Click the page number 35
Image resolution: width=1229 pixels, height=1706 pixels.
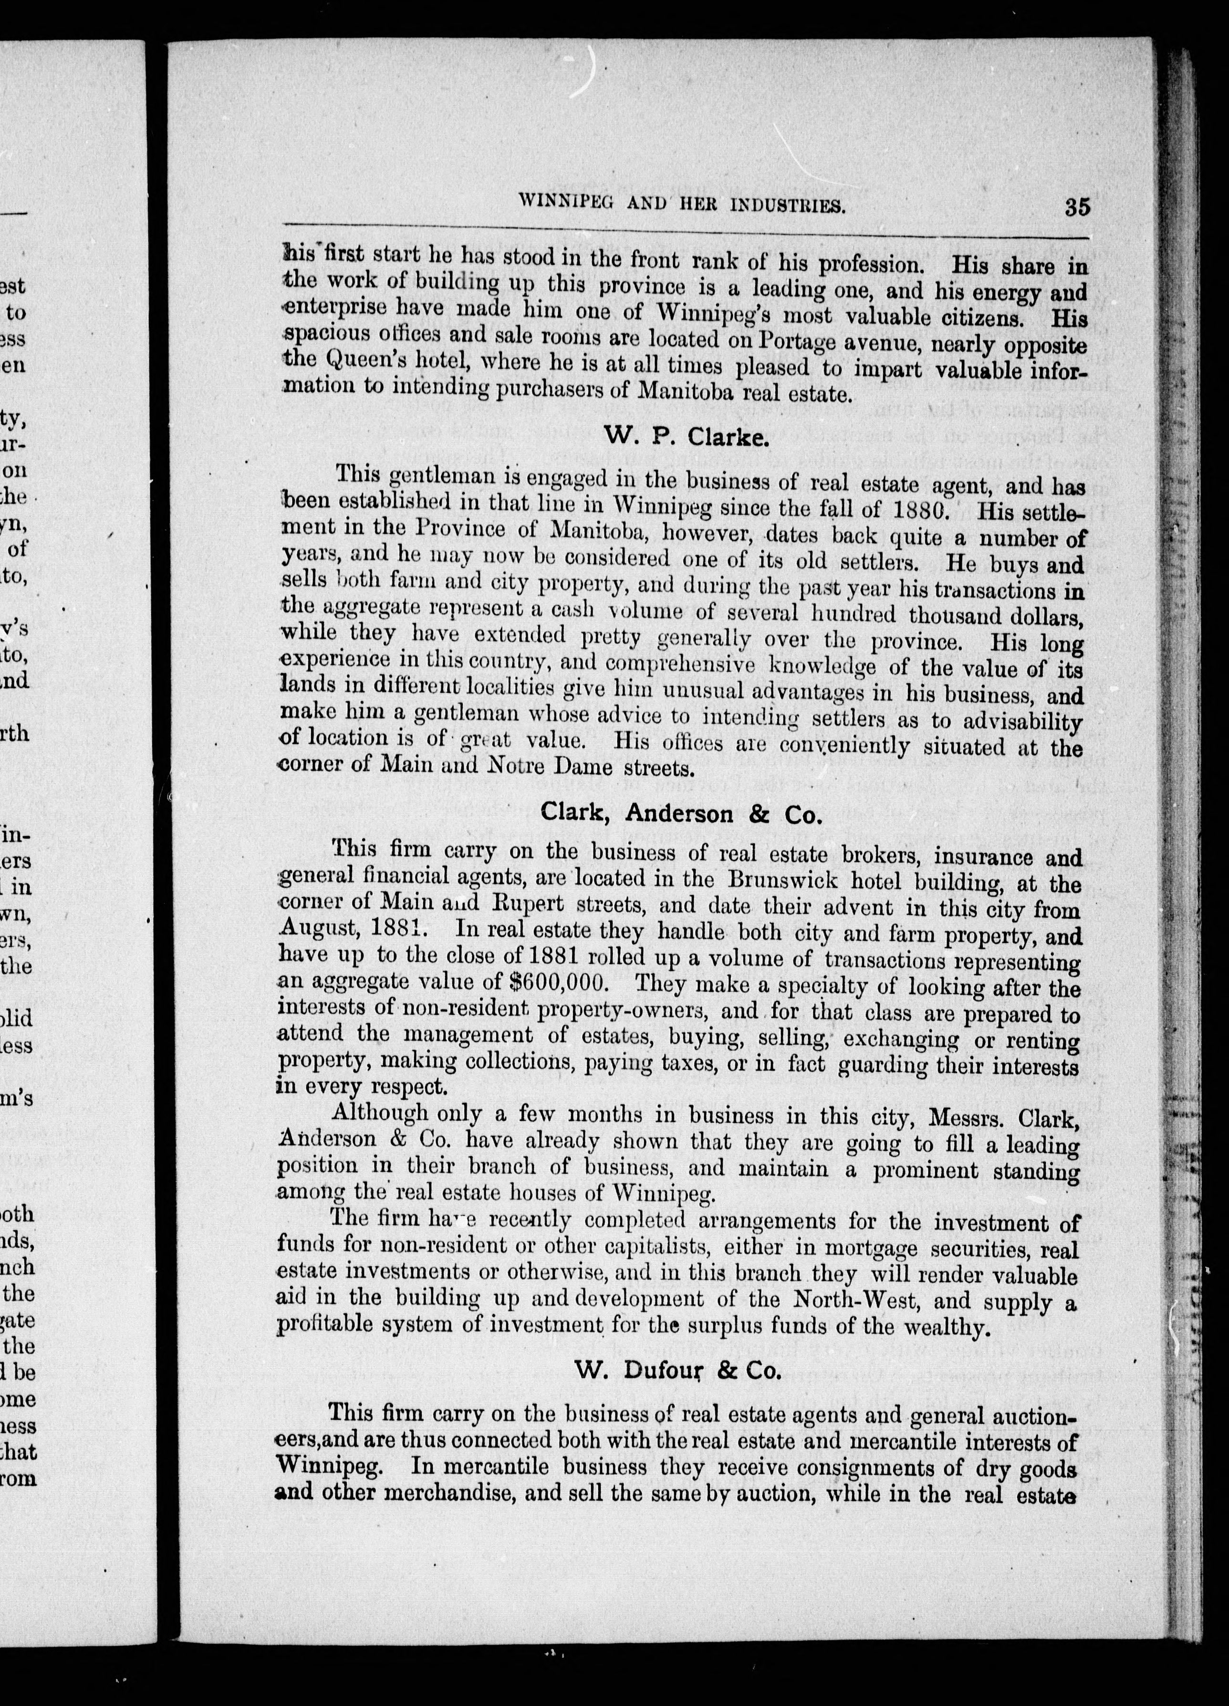tap(1077, 207)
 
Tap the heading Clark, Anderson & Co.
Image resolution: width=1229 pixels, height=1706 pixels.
tap(679, 813)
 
